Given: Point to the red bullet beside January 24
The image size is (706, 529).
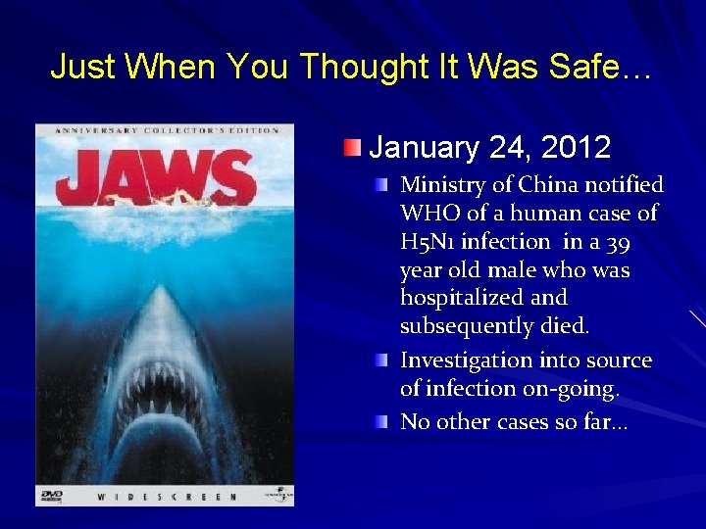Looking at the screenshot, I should click(351, 148).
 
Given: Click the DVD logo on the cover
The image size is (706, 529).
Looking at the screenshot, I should click(51, 496).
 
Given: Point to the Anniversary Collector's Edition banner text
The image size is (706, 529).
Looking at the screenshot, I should click(164, 130).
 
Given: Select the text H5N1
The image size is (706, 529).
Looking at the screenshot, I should click(427, 241).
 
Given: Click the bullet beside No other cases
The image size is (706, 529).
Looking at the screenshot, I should click(380, 422).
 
